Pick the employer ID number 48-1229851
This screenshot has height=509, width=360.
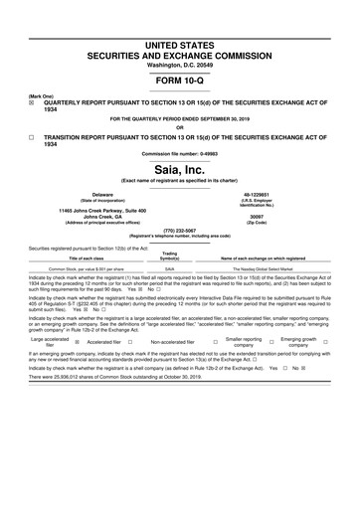coord(260,194)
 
